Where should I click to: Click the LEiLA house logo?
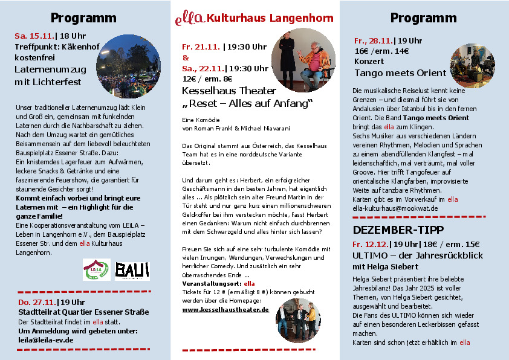(97, 269)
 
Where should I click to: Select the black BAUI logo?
(132, 269)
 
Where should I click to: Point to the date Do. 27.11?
(37, 301)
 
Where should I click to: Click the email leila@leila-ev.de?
(46, 339)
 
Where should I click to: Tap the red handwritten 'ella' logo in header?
(189, 18)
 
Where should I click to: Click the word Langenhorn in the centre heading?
(300, 18)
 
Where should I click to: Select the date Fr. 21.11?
(201, 47)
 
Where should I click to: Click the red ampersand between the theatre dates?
(186, 57)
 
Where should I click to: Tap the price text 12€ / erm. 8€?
(207, 79)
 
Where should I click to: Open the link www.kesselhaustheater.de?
(225, 309)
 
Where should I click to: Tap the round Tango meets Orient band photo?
(472, 65)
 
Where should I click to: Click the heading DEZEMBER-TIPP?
(398, 230)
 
